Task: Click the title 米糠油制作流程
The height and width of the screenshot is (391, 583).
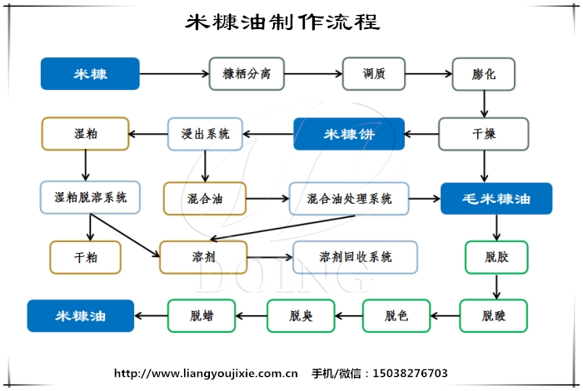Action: tap(282, 22)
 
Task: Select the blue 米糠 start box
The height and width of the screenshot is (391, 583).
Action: tap(90, 73)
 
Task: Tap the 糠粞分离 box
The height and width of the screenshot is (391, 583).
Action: tap(246, 73)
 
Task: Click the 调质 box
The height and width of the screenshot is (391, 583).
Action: tap(374, 73)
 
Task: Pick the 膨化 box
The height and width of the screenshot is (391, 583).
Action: tap(484, 73)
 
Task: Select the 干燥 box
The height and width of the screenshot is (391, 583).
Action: tap(484, 133)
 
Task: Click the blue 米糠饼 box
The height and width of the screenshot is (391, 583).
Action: tap(348, 133)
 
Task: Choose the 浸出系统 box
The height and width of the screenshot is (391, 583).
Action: tap(205, 133)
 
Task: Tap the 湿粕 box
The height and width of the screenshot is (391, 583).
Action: tap(85, 133)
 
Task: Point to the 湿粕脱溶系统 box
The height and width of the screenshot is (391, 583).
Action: tap(90, 198)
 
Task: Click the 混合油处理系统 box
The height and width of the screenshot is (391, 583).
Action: tap(349, 199)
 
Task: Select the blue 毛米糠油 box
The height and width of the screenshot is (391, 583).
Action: tap(496, 199)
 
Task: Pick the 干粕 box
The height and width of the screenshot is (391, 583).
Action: tap(85, 257)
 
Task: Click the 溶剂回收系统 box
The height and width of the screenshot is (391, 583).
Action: tap(355, 257)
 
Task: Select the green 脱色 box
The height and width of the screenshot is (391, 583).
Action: tap(396, 315)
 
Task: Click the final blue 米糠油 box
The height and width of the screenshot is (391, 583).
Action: tap(81, 315)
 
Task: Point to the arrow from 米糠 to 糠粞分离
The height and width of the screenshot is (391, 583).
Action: tap(174, 74)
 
